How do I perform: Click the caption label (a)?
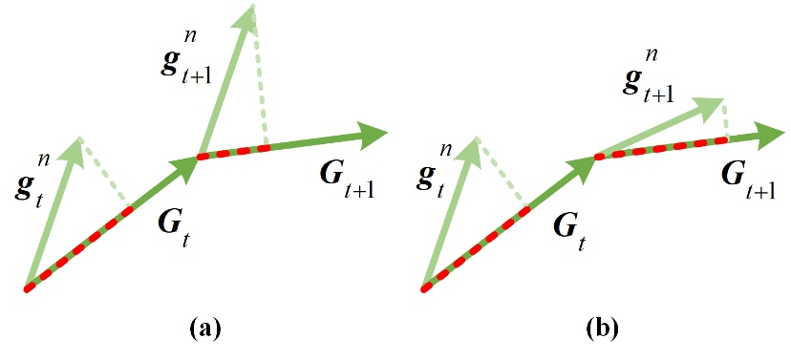click(x=206, y=329)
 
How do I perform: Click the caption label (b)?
click(x=602, y=329)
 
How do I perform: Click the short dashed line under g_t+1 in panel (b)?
click(x=726, y=120)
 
